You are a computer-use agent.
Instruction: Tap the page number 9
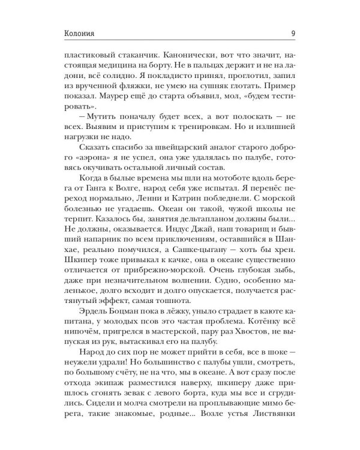point(291,33)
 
